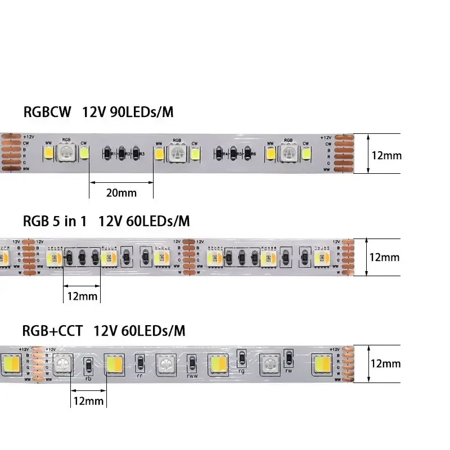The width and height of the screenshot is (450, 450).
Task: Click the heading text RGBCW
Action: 47,112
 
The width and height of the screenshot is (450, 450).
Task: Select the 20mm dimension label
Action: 121,192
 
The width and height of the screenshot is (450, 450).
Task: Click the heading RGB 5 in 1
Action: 55,221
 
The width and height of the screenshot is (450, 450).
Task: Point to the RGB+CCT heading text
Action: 53,330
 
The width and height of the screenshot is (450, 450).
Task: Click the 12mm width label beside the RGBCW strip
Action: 386,155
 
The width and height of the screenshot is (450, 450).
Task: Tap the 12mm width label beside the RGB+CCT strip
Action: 385,363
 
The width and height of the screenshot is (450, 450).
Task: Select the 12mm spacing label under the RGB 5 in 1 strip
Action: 82,296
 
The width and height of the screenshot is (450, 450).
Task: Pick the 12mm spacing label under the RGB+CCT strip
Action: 88,400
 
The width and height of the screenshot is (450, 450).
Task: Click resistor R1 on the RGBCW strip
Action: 107,153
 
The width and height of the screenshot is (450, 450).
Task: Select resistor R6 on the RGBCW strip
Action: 248,153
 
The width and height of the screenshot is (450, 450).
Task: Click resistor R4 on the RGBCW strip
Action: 219,153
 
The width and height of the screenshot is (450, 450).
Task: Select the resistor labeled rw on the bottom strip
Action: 289,358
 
